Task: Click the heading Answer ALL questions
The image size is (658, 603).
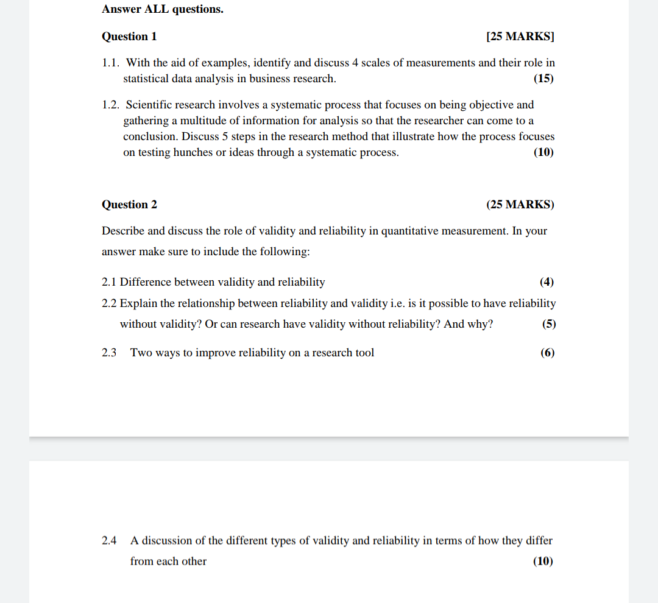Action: tap(162, 10)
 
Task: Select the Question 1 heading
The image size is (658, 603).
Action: tap(129, 37)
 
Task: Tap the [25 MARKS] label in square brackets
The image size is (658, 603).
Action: tap(520, 37)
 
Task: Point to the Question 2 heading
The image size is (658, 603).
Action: tap(129, 205)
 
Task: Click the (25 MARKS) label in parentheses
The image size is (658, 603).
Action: tap(520, 205)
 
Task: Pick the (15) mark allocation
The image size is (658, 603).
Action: tap(543, 79)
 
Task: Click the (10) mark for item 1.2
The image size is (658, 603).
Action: tap(543, 152)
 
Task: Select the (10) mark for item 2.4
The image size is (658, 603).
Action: tap(543, 562)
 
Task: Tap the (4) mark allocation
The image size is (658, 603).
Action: tap(547, 282)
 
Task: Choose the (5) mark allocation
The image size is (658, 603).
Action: tap(548, 324)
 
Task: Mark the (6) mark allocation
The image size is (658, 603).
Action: tap(547, 353)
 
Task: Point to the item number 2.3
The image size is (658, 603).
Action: tap(109, 353)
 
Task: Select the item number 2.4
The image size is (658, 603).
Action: tap(109, 541)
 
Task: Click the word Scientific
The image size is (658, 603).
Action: tap(149, 105)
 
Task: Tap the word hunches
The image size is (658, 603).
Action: tap(193, 152)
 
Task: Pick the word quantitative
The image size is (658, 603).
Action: tap(410, 231)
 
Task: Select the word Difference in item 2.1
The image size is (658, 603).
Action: tap(146, 282)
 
